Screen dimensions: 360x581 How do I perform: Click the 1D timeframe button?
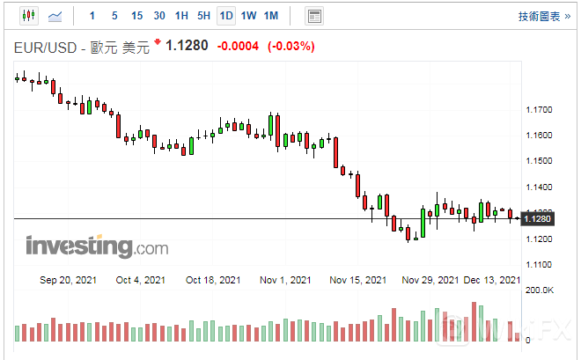(226, 16)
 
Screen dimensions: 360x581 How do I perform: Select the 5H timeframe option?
(203, 16)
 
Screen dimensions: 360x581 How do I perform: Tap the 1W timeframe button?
(249, 16)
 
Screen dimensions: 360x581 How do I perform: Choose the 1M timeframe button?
(271, 16)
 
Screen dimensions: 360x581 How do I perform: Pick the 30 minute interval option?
(159, 16)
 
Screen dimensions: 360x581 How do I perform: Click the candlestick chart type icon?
(28, 16)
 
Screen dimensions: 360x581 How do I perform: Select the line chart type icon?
(55, 16)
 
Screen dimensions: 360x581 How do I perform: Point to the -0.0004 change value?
(238, 46)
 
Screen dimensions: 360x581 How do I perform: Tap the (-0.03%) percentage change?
(290, 46)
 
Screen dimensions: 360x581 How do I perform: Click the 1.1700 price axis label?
(538, 110)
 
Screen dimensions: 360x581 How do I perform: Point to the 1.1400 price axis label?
(538, 187)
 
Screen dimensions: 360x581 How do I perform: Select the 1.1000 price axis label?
(538, 265)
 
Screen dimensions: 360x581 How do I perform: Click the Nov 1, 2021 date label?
(285, 280)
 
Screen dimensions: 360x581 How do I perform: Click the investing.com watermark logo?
(85, 246)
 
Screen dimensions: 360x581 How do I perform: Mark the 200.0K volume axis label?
(539, 290)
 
